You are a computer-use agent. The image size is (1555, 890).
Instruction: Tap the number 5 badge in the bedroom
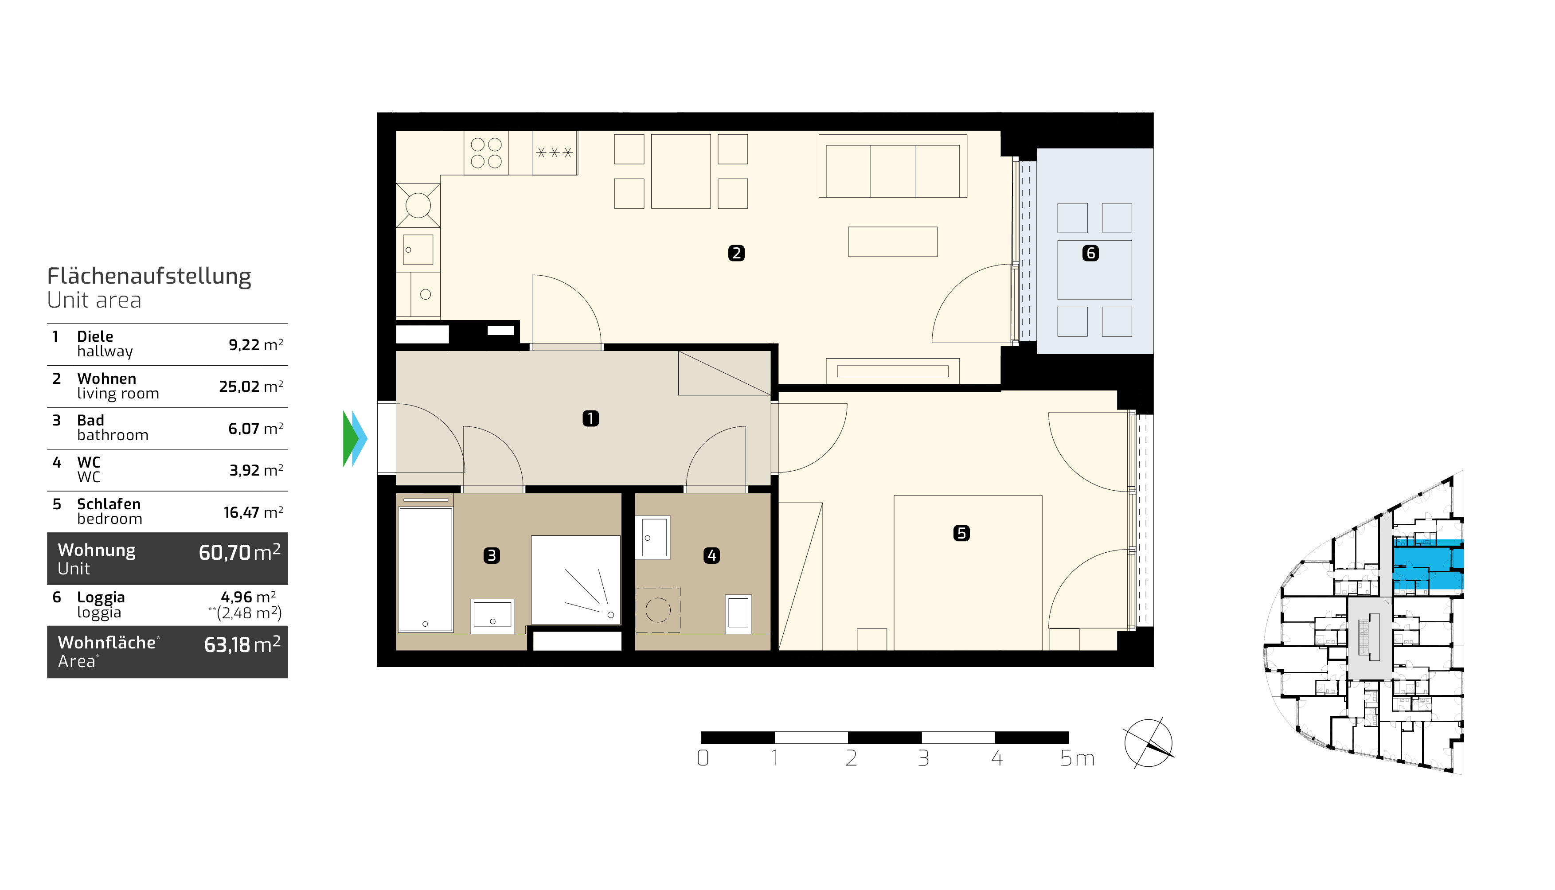pyautogui.click(x=961, y=533)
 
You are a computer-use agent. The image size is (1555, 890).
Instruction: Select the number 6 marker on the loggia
pyautogui.click(x=1090, y=253)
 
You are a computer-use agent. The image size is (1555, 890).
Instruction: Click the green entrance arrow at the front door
pyautogui.click(x=350, y=438)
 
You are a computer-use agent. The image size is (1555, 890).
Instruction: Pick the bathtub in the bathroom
pyautogui.click(x=426, y=570)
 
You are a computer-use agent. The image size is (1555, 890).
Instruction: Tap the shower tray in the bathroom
pyautogui.click(x=576, y=580)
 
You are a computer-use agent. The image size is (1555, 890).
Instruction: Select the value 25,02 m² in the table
pyautogui.click(x=251, y=386)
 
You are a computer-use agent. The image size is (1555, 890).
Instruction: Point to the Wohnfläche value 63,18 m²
pyautogui.click(x=242, y=644)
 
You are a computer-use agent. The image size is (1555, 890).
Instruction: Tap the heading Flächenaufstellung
pyautogui.click(x=149, y=276)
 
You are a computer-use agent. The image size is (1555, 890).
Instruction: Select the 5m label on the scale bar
pyautogui.click(x=1077, y=758)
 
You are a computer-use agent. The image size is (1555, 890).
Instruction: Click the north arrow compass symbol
pyautogui.click(x=1149, y=743)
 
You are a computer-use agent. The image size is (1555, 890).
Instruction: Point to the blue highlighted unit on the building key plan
pyautogui.click(x=1428, y=564)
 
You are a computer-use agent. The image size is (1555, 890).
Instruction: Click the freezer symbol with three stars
pyautogui.click(x=555, y=153)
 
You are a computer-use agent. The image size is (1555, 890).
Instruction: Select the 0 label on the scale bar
pyautogui.click(x=703, y=758)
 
